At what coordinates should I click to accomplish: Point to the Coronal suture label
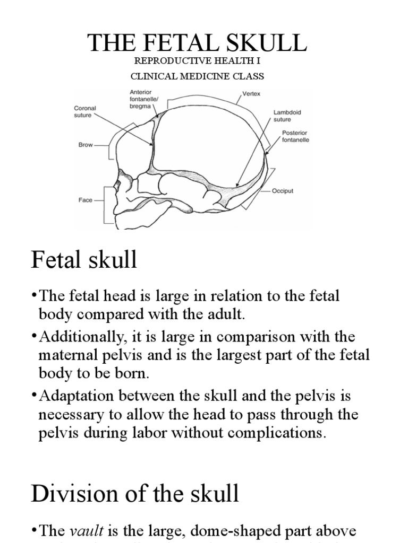[x=84, y=111]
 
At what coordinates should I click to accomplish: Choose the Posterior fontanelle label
[x=295, y=136]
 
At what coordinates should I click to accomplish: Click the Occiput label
[x=283, y=190]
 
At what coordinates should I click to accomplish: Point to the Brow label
[x=86, y=144]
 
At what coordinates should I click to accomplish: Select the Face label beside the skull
[x=85, y=200]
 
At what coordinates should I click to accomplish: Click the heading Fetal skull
[x=84, y=260]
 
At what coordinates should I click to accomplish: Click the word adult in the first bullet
[x=227, y=314]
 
